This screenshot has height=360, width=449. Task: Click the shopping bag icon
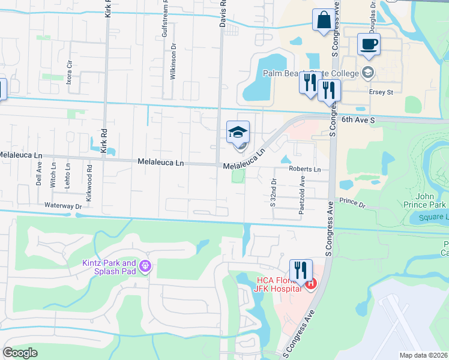tap(324, 20)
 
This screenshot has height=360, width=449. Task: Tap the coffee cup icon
tap(369, 44)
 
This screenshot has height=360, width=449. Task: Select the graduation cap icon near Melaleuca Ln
tap(238, 131)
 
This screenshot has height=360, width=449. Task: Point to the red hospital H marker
tap(310, 284)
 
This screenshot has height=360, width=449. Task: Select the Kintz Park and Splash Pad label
tap(109, 267)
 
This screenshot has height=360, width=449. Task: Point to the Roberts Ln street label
tap(305, 169)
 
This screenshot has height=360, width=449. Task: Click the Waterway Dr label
tap(63, 206)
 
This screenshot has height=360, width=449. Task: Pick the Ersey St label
tap(381, 92)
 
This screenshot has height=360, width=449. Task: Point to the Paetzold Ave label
tap(303, 188)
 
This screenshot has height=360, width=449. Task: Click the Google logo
tap(20, 353)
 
